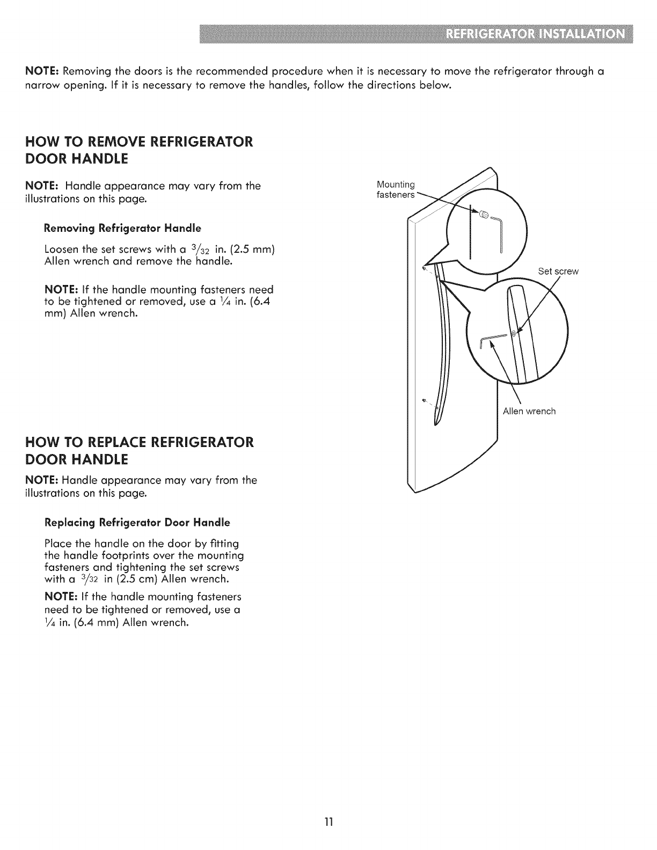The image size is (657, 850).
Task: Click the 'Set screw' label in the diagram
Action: coord(558,272)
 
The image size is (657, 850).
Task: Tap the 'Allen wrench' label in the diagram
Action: coord(529,412)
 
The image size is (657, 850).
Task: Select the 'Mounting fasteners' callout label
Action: coord(396,190)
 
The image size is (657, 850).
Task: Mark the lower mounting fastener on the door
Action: coord(425,400)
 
